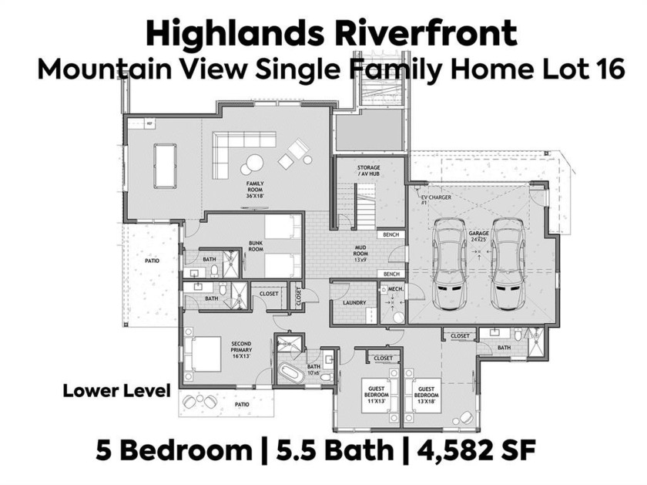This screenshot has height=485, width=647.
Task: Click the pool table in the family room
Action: pyautogui.click(x=165, y=166)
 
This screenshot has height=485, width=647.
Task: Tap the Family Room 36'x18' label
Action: pyautogui.click(x=255, y=190)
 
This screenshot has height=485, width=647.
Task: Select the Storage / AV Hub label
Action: pyautogui.click(x=368, y=170)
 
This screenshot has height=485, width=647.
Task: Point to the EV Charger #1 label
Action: pyautogui.click(x=436, y=200)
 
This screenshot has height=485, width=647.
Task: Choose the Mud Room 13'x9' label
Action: pyautogui.click(x=360, y=254)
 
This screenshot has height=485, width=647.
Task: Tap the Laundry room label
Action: pyautogui.click(x=354, y=303)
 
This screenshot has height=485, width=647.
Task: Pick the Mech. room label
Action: pyautogui.click(x=395, y=290)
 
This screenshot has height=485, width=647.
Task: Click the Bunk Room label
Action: pyautogui.click(x=256, y=246)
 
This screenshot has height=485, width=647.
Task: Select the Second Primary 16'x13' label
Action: pyautogui.click(x=241, y=349)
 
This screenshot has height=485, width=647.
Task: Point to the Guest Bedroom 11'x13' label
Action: pyautogui.click(x=377, y=394)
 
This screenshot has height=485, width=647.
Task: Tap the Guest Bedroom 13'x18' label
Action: pyautogui.click(x=426, y=395)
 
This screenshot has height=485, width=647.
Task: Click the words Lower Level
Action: pyautogui.click(x=117, y=390)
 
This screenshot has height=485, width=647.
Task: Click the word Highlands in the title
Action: pyautogui.click(x=235, y=34)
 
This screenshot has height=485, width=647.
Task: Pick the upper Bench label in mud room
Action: pyautogui.click(x=391, y=234)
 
